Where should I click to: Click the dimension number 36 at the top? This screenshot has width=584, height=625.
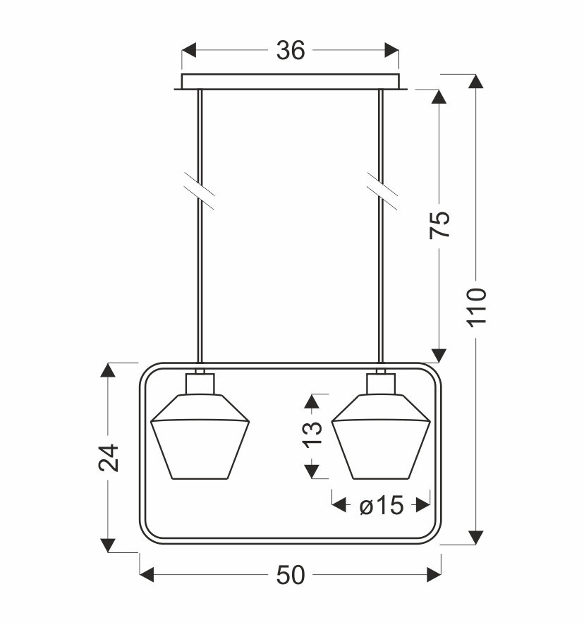(290, 51)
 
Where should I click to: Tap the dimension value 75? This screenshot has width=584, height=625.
(440, 225)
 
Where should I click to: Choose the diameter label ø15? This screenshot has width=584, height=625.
(381, 505)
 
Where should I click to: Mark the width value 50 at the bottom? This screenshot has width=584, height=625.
(290, 576)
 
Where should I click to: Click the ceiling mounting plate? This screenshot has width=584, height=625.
(290, 82)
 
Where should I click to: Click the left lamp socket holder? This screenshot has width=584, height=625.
(200, 384)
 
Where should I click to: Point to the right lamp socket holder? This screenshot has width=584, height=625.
(381, 384)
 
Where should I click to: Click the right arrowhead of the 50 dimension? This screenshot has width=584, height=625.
(434, 576)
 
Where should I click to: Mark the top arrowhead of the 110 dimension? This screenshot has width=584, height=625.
(477, 81)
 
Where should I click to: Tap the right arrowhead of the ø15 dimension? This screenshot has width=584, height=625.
(423, 505)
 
